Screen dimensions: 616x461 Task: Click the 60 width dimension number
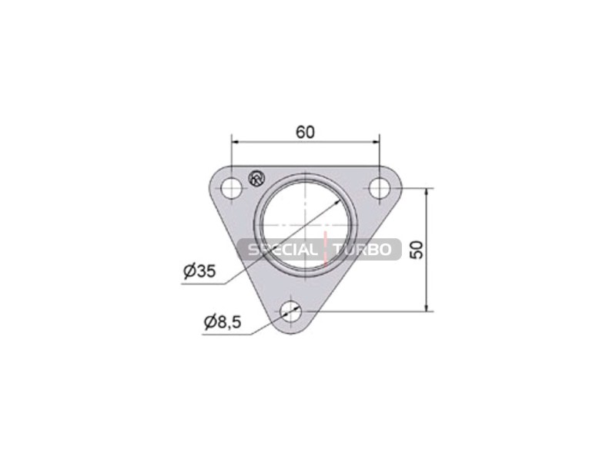tap(305, 133)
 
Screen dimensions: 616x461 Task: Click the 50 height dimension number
tap(417, 250)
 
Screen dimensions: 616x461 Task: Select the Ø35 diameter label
tap(199, 271)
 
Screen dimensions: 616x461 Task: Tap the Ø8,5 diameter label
tap(223, 322)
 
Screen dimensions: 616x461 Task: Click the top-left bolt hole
tap(232, 188)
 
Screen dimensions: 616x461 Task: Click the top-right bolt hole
tap(380, 188)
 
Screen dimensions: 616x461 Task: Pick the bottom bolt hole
tap(291, 311)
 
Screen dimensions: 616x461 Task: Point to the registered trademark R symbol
tap(256, 178)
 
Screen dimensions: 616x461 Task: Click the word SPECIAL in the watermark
tap(282, 249)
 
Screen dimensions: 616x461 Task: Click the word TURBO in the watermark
tap(362, 249)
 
